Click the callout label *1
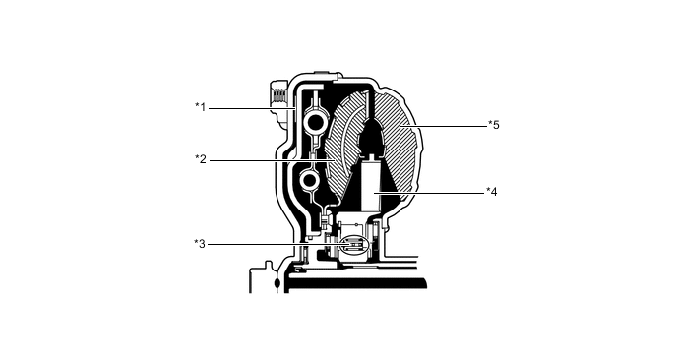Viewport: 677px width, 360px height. (200, 106)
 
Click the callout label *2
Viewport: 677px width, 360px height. (200, 159)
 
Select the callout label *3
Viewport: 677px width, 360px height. (200, 243)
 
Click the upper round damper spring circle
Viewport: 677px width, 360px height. (315, 121)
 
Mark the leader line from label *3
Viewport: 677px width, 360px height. (266, 243)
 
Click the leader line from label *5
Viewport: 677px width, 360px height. (453, 125)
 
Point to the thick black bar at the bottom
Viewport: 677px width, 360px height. (354, 282)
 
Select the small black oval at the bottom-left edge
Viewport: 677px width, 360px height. (277, 283)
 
